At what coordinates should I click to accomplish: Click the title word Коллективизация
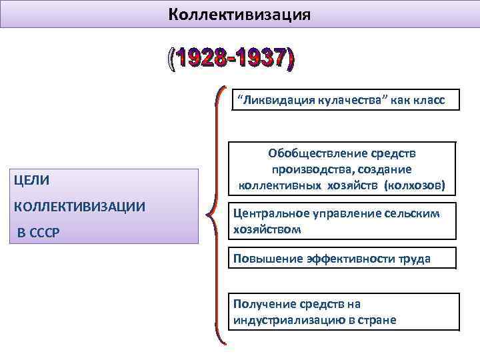(x=239, y=13)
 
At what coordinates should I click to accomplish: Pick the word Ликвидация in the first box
(x=270, y=101)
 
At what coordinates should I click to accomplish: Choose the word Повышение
(x=263, y=258)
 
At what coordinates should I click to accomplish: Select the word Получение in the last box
(x=261, y=304)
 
